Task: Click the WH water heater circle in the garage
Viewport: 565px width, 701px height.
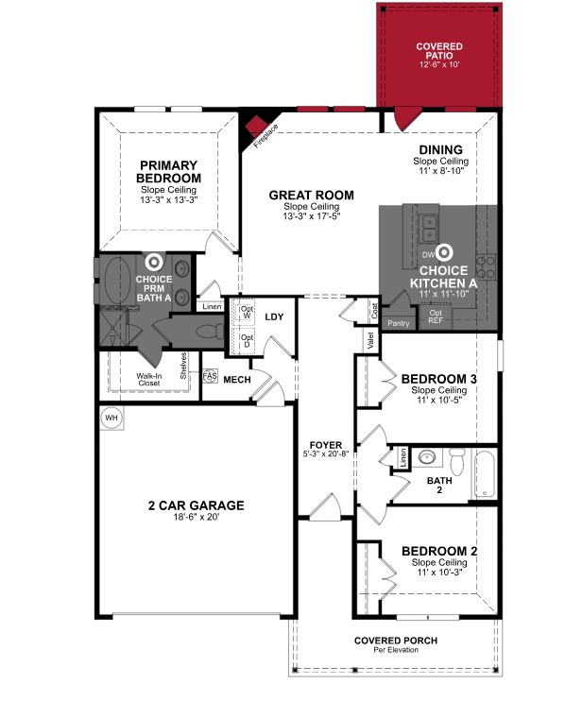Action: (111, 418)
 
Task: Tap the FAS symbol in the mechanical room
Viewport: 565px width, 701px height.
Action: (210, 376)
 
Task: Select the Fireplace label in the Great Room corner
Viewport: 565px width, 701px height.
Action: (265, 135)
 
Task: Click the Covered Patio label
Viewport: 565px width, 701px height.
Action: (439, 51)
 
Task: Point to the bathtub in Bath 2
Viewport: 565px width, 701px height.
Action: (485, 473)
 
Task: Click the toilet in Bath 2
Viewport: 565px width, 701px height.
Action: (457, 461)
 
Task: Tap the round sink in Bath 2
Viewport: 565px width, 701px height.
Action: (427, 457)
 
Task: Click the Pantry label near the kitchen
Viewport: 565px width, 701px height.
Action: (399, 323)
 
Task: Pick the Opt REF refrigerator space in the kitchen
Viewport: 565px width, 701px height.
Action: (436, 316)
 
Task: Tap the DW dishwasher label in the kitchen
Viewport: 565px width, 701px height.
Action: (428, 255)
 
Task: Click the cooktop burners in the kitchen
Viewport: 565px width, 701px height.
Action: (486, 267)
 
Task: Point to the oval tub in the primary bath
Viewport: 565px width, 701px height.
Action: (117, 281)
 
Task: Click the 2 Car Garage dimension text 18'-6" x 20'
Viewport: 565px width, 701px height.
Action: (197, 518)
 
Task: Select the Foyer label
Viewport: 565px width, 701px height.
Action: (325, 445)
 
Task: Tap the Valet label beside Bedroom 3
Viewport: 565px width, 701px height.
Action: (370, 341)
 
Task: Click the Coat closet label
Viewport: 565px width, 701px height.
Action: (374, 311)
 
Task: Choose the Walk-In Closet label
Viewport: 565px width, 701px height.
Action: (149, 380)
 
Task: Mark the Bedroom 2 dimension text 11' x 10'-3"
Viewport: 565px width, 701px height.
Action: (439, 573)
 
